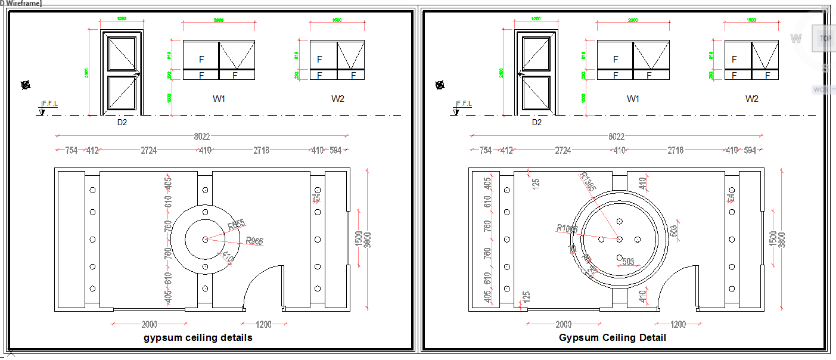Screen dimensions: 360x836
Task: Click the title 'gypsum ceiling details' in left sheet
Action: click(198, 338)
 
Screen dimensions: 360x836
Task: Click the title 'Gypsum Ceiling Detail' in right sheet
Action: click(612, 338)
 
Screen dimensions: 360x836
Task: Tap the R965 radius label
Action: click(254, 241)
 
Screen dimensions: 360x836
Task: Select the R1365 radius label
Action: click(587, 182)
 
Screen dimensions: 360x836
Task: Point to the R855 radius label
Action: click(236, 226)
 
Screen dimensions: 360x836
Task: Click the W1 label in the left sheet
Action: click(219, 99)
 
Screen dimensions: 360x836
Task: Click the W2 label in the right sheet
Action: click(753, 99)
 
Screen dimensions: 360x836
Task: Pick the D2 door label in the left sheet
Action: click(122, 122)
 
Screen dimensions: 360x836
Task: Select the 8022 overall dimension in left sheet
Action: click(201, 136)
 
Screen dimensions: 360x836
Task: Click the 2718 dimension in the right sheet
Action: click(675, 150)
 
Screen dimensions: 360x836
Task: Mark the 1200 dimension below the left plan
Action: click(263, 324)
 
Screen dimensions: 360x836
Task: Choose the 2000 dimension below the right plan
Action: click(563, 324)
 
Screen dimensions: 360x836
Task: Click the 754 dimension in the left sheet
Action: click(72, 150)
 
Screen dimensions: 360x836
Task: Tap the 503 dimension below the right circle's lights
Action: click(628, 262)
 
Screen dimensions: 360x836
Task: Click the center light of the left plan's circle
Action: click(205, 239)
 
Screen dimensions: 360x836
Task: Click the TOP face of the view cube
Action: click(825, 38)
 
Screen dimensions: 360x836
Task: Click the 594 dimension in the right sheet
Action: click(750, 150)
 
